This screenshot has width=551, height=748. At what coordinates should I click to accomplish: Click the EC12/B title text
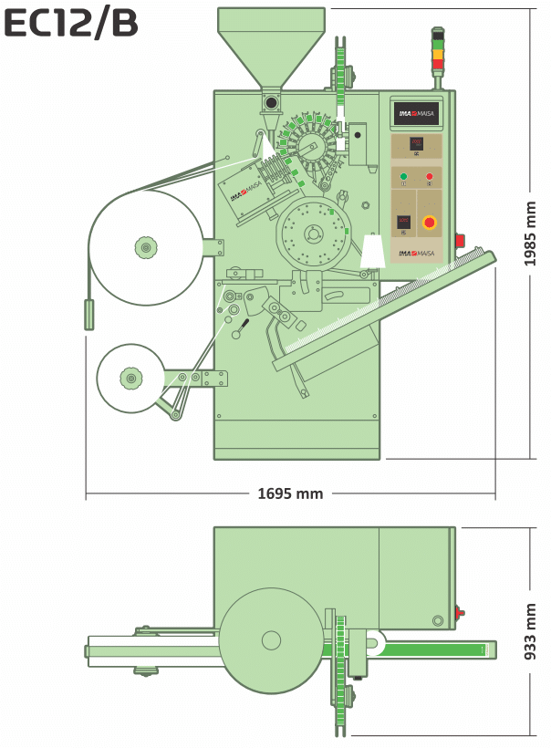71,24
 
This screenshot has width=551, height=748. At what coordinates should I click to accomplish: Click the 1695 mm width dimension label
290,494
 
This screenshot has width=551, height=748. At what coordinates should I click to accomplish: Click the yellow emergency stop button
430,222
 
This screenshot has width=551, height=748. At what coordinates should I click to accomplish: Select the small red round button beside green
429,176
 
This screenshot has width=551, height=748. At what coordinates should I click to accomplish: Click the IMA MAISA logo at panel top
416,112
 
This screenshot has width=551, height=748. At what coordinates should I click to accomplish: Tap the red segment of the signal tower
438,64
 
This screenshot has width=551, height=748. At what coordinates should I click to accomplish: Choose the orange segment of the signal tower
438,54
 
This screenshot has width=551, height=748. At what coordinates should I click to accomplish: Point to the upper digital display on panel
416,143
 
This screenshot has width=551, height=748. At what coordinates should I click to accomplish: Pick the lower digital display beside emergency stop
403,222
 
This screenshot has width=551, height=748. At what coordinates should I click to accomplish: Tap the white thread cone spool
373,251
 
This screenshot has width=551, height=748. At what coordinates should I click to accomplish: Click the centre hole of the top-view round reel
271,640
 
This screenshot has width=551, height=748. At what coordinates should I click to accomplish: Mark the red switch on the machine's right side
459,242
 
